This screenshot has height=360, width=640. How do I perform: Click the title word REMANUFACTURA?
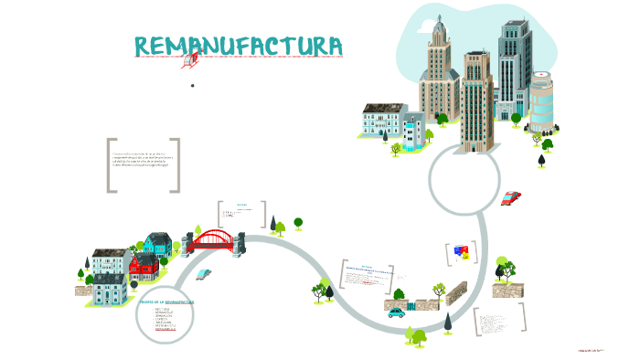point(239,46)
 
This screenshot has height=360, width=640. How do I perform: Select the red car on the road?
point(510,197)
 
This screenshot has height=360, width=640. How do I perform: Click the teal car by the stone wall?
point(396,312)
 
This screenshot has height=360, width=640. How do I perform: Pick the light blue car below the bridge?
point(203,273)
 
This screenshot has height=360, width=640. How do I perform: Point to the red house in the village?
point(144,268)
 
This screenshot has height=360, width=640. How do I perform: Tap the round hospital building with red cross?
point(541,101)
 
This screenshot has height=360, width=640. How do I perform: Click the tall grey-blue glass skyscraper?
point(514,64)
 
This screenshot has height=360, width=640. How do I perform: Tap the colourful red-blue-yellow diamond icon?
point(461,251)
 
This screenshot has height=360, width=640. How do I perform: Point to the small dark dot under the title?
point(193,86)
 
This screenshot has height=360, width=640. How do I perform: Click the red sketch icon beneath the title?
point(190,61)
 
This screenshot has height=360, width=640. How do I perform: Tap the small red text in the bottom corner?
point(592,350)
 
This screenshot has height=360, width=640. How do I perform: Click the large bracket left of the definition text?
point(112,165)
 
